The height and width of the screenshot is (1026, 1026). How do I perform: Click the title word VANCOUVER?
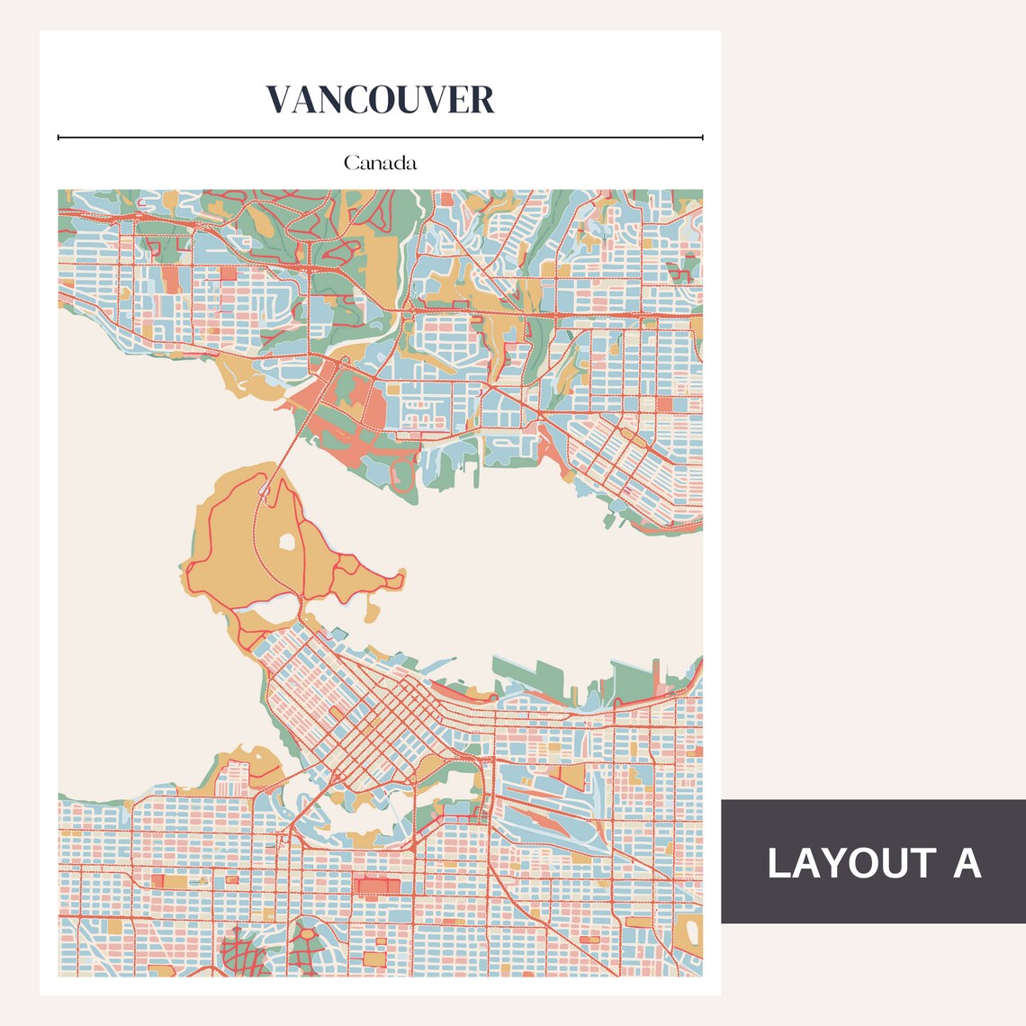pos(380,100)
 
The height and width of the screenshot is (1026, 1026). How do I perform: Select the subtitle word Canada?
pos(380,164)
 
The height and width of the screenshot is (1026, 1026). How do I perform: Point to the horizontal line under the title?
pos(380,138)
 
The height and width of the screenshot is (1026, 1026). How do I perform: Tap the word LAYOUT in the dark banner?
pos(838,863)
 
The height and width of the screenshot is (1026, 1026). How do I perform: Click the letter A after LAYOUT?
pos(966,863)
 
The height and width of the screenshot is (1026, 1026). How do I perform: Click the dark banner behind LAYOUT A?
pos(873,904)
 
